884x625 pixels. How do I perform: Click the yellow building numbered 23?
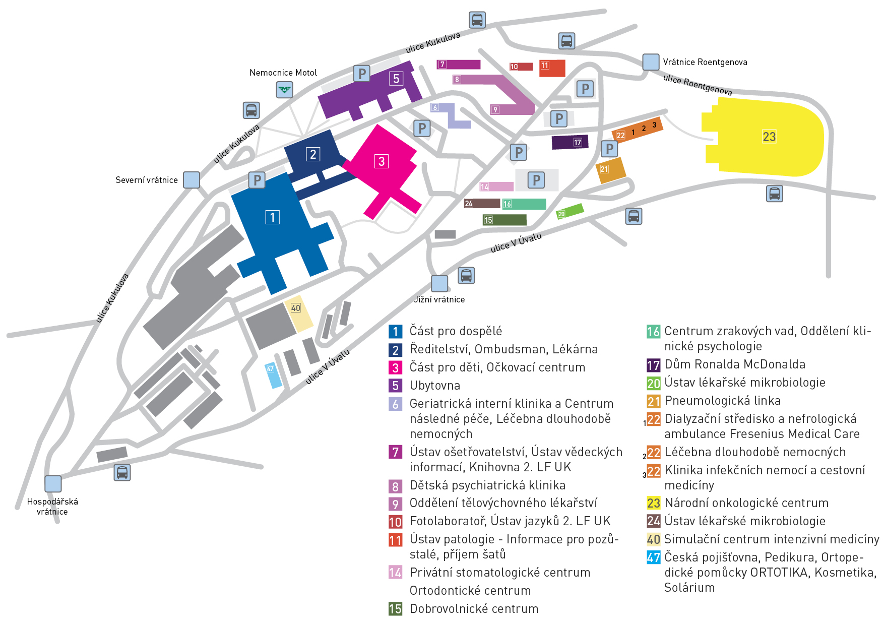point(764,137)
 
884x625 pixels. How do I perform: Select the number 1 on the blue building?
point(272,217)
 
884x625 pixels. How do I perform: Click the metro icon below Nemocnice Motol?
point(285,90)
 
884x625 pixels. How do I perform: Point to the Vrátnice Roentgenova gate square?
point(651,62)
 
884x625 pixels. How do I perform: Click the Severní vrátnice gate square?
point(191,180)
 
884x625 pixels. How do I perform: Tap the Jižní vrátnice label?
point(439,299)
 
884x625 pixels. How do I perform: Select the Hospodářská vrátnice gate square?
point(53,484)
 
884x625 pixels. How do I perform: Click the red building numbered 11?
point(552,68)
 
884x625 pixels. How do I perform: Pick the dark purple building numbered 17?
point(570,143)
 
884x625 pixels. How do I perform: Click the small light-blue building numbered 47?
point(273,375)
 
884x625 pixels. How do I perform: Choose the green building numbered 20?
point(570,211)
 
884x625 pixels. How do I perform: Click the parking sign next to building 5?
point(362,74)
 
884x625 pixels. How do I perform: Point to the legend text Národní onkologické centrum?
point(746,503)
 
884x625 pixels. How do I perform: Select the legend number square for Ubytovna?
point(395,386)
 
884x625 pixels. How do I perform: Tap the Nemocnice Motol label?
point(283,73)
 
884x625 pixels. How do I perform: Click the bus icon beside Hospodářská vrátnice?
point(122,472)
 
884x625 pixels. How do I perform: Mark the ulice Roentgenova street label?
point(698,85)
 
